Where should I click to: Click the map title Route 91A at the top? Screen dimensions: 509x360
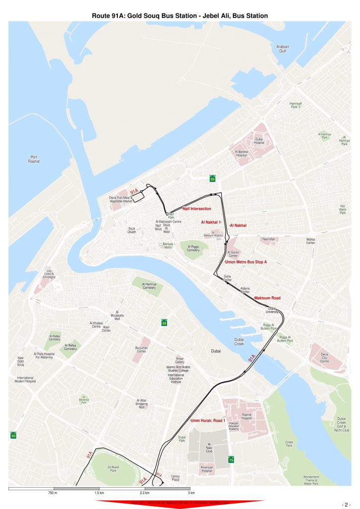tap(180, 16)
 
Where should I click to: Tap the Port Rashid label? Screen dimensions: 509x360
tap(34, 160)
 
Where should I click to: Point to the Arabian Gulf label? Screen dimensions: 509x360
tap(283, 49)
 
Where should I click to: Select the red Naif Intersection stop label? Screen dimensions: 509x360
tap(197, 209)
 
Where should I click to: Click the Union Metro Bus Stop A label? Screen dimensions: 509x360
tap(246, 261)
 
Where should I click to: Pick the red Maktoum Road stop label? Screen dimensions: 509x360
tap(267, 298)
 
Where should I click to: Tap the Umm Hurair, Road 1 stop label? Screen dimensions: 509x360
tap(204, 421)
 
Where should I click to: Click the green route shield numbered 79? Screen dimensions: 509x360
tap(231, 460)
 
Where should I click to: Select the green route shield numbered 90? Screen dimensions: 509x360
tap(13, 435)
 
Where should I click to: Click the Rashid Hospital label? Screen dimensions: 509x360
tap(247, 416)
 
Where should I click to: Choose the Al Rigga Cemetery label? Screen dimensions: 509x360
tap(193, 249)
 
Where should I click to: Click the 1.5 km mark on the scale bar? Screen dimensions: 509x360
tap(99, 493)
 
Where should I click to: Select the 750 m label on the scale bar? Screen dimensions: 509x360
tap(53, 493)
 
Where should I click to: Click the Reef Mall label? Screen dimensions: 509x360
tap(269, 239)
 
